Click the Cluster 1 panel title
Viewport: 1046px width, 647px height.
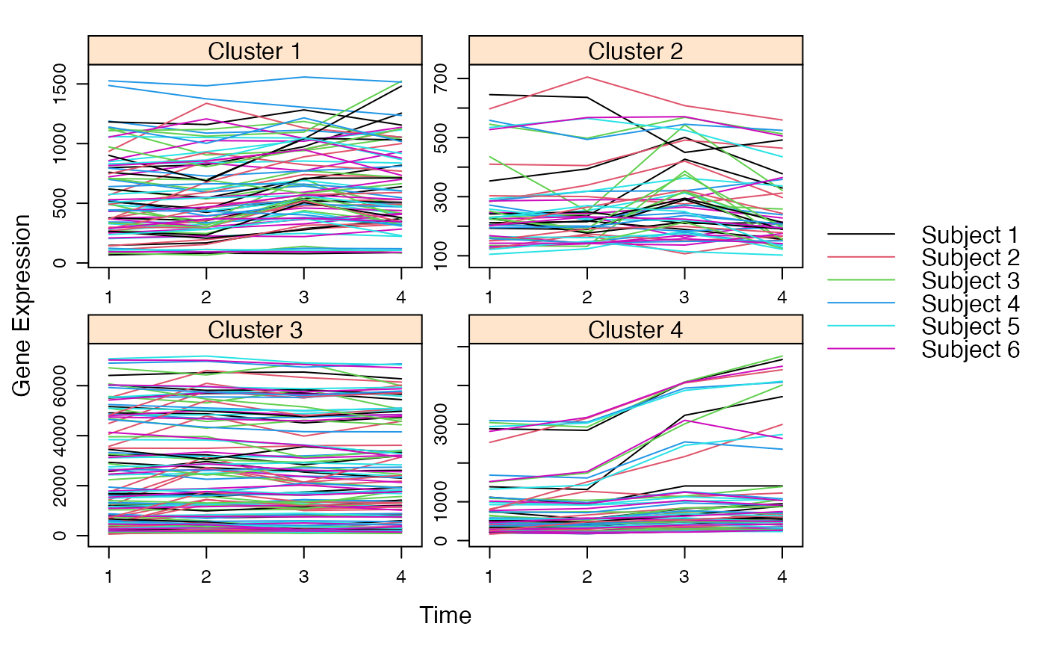coord(255,51)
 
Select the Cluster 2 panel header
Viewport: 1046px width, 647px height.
coord(635,51)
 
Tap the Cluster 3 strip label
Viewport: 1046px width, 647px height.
coord(255,329)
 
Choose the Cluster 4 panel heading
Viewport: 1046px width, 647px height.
coord(635,329)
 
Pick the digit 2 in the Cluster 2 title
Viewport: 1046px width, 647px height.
coord(676,51)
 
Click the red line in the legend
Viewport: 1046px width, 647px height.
coord(861,257)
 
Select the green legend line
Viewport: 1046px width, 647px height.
coord(861,280)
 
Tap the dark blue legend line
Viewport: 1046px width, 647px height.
coord(861,303)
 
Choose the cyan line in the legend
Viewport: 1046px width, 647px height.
coord(861,326)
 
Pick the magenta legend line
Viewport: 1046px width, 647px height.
coord(861,349)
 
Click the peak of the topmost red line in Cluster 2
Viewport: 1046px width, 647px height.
coord(588,77)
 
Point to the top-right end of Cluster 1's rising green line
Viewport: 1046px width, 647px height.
coord(402,81)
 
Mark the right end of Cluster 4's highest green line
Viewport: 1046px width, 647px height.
coord(782,356)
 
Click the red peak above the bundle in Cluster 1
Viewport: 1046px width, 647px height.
coord(206,103)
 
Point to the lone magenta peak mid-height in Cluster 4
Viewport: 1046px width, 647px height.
coord(685,421)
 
